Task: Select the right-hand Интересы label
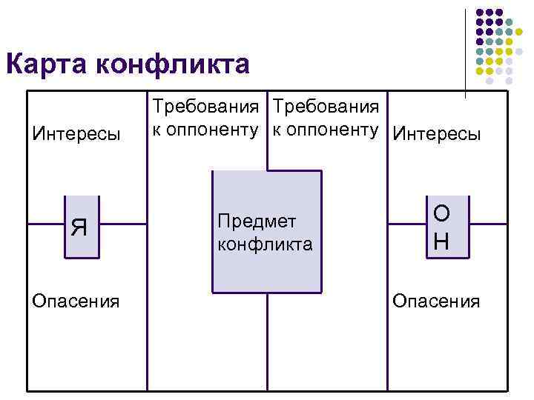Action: click(x=436, y=134)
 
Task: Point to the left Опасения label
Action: click(x=72, y=301)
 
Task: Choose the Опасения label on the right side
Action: click(x=436, y=301)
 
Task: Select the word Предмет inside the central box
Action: click(x=257, y=221)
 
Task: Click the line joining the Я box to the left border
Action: click(x=46, y=223)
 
